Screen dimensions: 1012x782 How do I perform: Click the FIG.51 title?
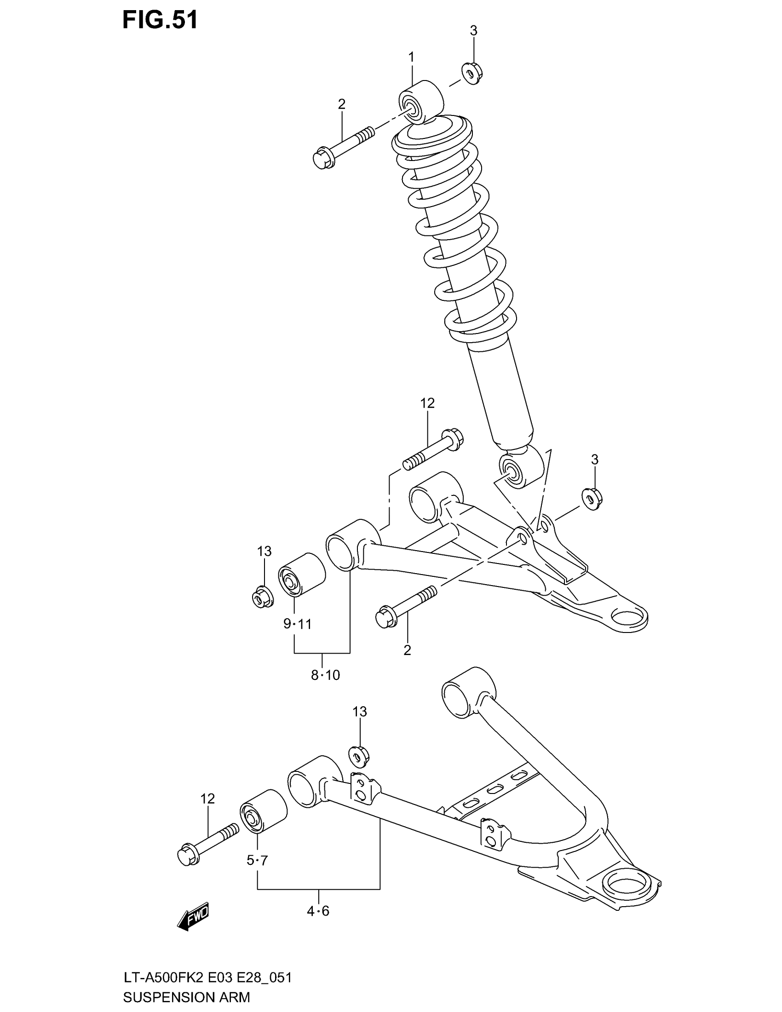tap(160, 20)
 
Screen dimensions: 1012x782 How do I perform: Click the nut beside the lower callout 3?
tap(592, 499)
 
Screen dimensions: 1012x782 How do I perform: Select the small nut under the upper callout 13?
tap(263, 597)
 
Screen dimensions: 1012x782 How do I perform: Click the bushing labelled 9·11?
tap(301, 575)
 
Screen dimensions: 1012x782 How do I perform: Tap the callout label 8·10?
tap(325, 675)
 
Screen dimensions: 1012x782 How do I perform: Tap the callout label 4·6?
tap(318, 911)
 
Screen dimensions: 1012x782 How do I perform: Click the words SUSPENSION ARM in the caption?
tap(186, 997)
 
